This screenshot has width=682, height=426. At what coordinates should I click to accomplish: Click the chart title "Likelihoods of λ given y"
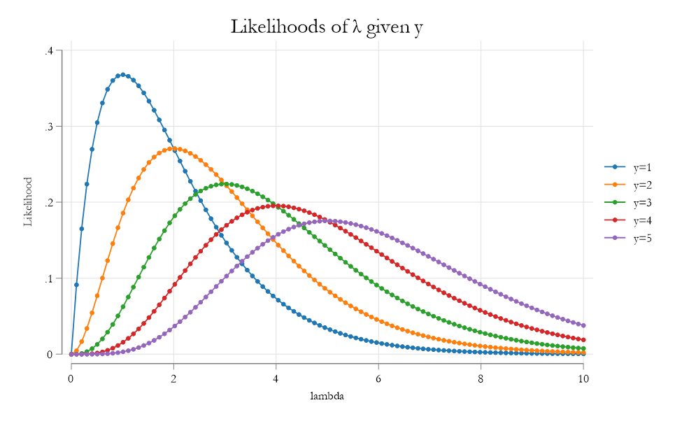click(327, 27)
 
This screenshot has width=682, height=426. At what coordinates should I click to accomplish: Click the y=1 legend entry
click(630, 167)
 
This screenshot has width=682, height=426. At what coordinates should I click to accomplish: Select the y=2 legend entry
click(630, 185)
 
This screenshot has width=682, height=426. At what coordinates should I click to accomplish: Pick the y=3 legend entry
click(630, 203)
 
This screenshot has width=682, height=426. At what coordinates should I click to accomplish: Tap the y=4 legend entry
click(630, 220)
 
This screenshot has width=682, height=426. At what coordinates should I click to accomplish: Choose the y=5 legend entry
click(630, 238)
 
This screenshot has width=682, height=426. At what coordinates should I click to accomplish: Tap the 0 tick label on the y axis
click(50, 354)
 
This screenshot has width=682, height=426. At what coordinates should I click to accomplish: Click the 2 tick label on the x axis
click(173, 378)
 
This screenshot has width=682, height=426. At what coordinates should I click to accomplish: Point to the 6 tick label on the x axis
click(378, 378)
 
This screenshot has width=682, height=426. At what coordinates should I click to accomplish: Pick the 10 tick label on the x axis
click(583, 378)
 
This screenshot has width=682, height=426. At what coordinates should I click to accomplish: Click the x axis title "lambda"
click(327, 396)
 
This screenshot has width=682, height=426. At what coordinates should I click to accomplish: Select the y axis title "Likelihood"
click(29, 202)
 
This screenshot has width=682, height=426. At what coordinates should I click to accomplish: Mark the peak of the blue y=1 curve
click(122, 75)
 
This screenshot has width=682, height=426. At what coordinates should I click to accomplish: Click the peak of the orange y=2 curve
click(173, 149)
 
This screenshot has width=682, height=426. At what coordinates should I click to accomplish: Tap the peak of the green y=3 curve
click(225, 184)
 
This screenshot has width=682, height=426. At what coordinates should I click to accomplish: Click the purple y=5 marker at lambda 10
click(583, 325)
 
